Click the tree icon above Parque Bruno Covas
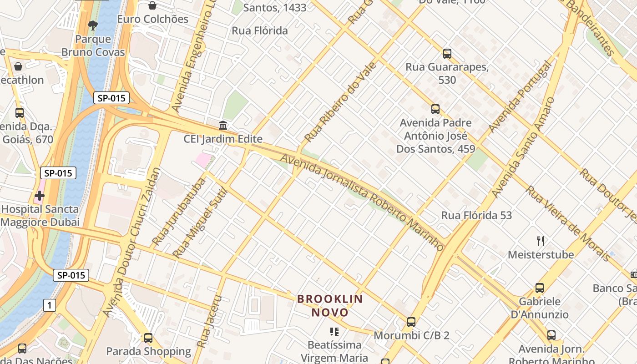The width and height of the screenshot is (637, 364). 93,25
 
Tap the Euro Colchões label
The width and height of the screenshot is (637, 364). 152,19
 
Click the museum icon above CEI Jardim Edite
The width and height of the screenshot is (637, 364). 223,125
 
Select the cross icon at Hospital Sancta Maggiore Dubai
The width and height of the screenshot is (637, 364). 40,196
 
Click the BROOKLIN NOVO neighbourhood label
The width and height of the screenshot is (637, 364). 330,306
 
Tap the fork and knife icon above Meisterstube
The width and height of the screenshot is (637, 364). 541,241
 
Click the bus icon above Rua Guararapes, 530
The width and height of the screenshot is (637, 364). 447,54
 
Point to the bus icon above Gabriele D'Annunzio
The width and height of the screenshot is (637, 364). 539,288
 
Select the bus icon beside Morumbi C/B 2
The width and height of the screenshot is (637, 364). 411,322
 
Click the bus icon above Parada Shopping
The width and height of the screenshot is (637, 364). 148,338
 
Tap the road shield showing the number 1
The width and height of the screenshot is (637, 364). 50,305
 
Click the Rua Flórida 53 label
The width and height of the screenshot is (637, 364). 476,215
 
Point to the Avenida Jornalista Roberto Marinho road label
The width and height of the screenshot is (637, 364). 362,202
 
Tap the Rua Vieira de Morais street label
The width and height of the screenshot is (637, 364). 569,223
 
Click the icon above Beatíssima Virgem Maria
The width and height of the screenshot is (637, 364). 334,332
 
